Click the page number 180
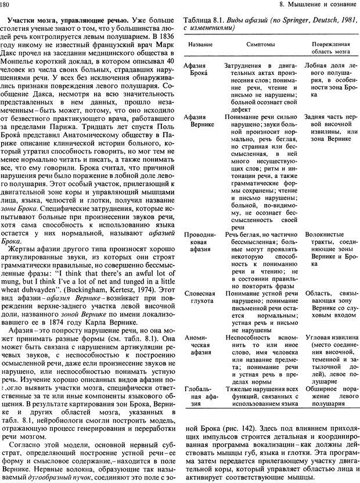[8, 6]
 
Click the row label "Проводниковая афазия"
[199, 238]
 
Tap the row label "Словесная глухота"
[199, 298]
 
